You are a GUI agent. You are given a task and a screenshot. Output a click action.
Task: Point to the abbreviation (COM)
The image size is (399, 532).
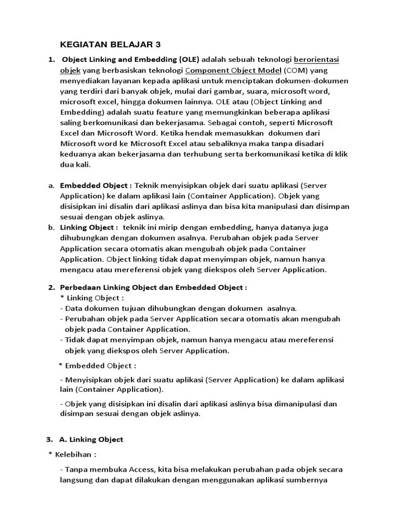coord(296,70)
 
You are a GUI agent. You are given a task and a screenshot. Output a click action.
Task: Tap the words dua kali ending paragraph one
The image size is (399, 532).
coord(75,165)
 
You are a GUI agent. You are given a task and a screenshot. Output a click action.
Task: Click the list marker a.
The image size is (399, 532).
coord(51,186)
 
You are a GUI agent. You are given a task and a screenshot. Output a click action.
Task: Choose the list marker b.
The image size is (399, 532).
coord(51,228)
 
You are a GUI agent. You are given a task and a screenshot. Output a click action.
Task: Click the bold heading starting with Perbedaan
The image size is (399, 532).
coord(153,287)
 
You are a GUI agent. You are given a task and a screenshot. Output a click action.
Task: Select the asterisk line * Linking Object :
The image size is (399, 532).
coord(92,298)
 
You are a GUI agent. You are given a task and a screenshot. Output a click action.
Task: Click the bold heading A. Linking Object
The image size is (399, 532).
coord(91,440)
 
